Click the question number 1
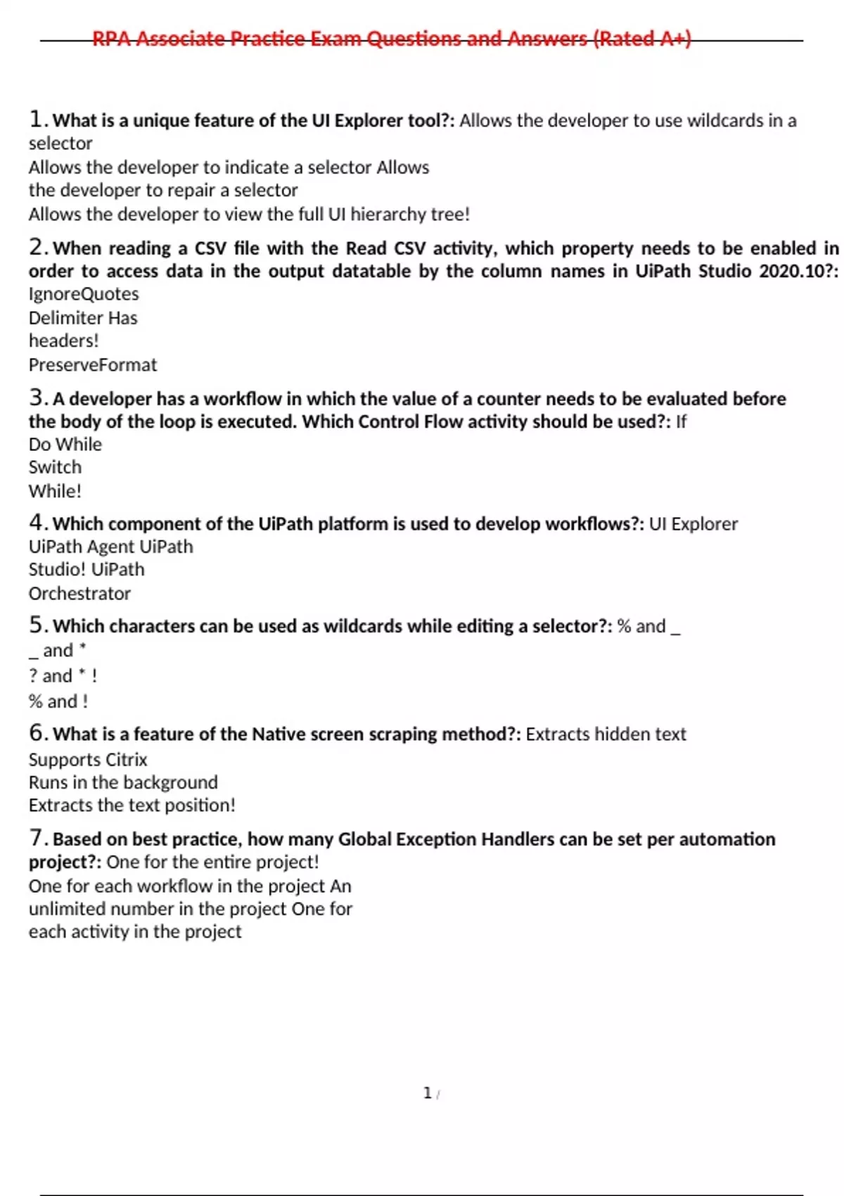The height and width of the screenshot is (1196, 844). pyautogui.click(x=37, y=119)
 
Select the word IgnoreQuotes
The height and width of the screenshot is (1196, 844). pyautogui.click(x=84, y=294)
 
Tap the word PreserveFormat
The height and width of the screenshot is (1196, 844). pyautogui.click(x=93, y=365)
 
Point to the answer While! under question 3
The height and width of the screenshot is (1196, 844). pyautogui.click(x=55, y=491)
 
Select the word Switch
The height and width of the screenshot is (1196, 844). pyautogui.click(x=55, y=467)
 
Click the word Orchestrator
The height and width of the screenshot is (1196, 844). pyautogui.click(x=79, y=594)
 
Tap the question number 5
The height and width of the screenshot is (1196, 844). pyautogui.click(x=37, y=625)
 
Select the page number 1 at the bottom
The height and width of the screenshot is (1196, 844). pyautogui.click(x=427, y=1093)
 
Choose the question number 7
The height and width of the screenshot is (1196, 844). pyautogui.click(x=37, y=838)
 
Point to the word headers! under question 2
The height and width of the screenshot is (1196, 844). pyautogui.click(x=63, y=341)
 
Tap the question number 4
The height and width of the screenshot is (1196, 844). pyautogui.click(x=37, y=523)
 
